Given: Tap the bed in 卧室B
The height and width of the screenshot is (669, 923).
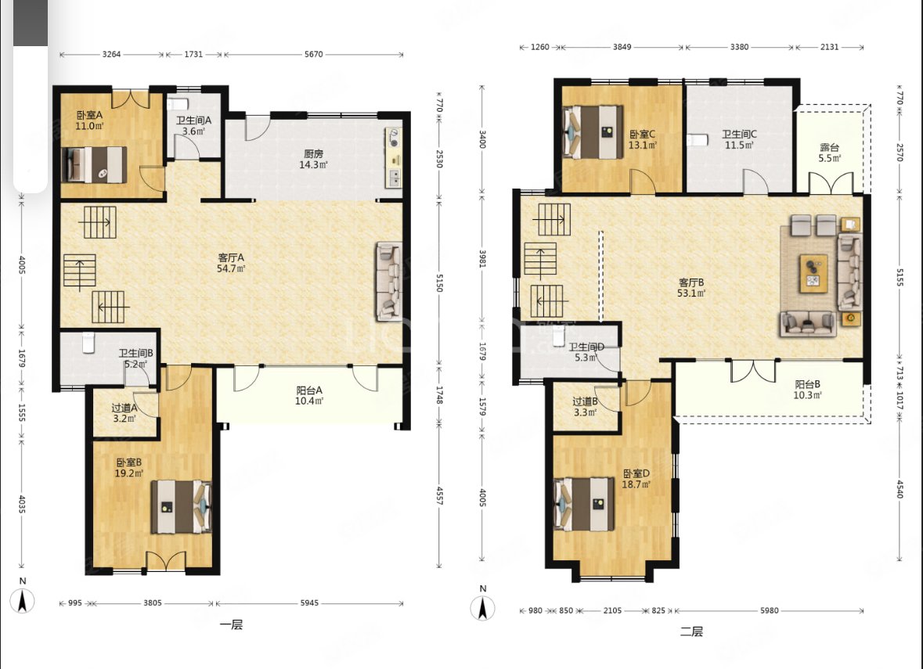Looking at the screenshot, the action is tap(182, 506).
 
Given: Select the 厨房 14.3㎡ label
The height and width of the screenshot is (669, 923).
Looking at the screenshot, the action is tap(313, 160).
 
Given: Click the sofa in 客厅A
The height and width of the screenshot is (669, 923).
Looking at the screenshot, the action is tap(388, 282).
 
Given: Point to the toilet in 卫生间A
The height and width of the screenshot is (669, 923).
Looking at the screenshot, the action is tap(177, 104).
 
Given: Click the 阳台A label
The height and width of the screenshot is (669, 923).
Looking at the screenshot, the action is tap(309, 390).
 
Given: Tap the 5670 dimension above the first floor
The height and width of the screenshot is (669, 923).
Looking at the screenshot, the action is tap(313, 54).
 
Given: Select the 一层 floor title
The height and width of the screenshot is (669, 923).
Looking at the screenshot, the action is tap(231, 625).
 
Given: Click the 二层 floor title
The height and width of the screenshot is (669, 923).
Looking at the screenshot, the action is tap(691, 632).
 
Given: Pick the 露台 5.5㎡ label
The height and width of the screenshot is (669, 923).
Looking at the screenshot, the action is tap(829, 153).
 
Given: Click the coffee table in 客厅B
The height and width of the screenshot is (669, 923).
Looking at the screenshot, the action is tap(813, 274).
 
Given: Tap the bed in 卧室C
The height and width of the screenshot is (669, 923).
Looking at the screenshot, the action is tap(593, 132).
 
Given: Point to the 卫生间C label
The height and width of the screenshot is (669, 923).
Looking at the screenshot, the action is tap(739, 134).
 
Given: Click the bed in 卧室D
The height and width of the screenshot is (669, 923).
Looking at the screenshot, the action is tap(585, 504).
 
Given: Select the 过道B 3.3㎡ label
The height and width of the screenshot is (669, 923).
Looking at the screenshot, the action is tap(585, 407).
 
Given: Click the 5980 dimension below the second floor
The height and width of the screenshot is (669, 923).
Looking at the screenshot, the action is tap(769, 611).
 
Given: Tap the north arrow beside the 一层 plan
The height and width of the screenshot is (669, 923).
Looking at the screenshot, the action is tap(23, 597).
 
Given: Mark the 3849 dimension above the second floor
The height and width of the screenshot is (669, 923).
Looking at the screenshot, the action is tap(622, 47).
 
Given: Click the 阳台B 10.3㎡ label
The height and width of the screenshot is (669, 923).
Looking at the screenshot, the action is tap(807, 390).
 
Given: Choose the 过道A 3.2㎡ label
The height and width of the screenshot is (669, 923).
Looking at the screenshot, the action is tap(124, 413).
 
